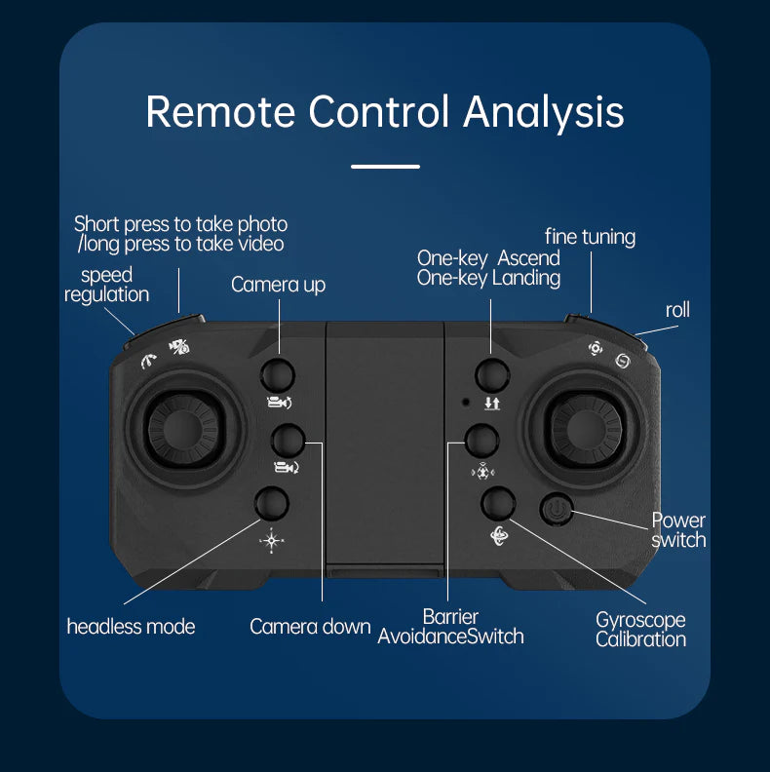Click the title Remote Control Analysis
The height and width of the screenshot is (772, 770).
pyautogui.click(x=385, y=111)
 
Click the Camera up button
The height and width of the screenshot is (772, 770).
pyautogui.click(x=278, y=373)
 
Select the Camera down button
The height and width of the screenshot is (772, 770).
pyautogui.click(x=288, y=441)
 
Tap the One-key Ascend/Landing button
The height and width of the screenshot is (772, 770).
pyautogui.click(x=492, y=373)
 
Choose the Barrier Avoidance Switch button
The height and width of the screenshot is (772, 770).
pyautogui.click(x=482, y=441)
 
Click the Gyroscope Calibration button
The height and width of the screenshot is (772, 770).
pyautogui.click(x=498, y=503)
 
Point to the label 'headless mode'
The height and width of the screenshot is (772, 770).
pyautogui.click(x=131, y=627)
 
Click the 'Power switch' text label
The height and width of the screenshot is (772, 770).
pyautogui.click(x=678, y=530)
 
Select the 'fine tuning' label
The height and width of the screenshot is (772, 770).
pyautogui.click(x=590, y=237)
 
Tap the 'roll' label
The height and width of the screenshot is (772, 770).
pyautogui.click(x=677, y=310)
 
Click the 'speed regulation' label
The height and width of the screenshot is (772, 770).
pyautogui.click(x=107, y=285)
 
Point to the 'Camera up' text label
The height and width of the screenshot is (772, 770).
pyautogui.click(x=278, y=285)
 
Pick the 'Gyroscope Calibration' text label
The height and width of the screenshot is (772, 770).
pyautogui.click(x=640, y=630)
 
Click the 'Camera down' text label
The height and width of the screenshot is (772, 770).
pyautogui.click(x=310, y=627)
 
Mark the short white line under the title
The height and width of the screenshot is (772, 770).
pyautogui.click(x=385, y=167)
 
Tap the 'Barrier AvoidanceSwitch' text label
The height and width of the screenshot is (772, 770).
pyautogui.click(x=450, y=627)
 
